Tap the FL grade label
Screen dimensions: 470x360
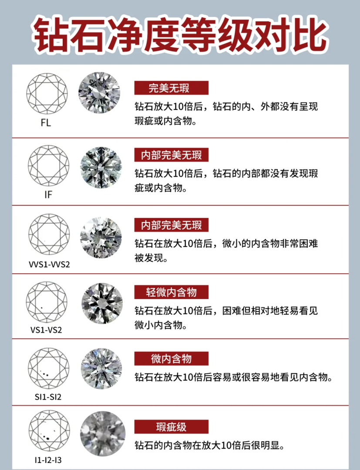(x=46, y=123)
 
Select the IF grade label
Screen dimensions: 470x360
(x=48, y=195)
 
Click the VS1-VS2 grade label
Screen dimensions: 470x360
(x=46, y=329)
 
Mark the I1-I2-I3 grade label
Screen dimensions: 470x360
(x=48, y=460)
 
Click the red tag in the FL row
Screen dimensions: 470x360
(x=171, y=88)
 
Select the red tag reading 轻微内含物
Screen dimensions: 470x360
(x=171, y=292)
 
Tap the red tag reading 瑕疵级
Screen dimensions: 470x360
(x=171, y=426)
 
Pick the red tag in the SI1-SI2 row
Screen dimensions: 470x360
(x=171, y=359)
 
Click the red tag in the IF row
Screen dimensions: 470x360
(x=171, y=154)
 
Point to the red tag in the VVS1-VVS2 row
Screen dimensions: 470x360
(x=171, y=225)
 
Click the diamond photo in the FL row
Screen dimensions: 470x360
(x=99, y=93)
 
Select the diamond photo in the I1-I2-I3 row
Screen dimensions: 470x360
(x=103, y=433)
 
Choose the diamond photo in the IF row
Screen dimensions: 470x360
(x=101, y=168)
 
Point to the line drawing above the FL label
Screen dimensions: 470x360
(x=47, y=94)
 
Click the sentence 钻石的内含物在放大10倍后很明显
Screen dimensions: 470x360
(x=209, y=446)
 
